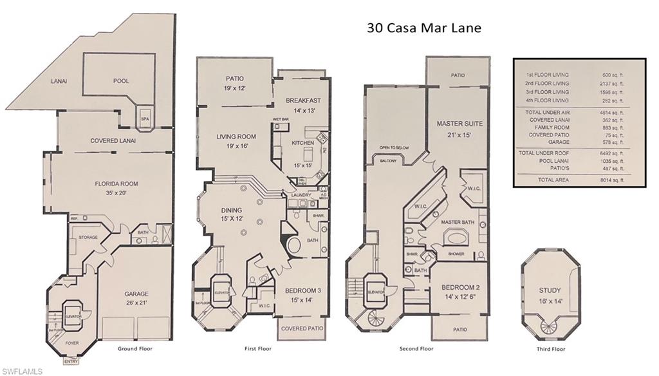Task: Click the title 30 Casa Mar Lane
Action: pos(424,28)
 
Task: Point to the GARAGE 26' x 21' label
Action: pos(136,297)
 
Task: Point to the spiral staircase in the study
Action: pos(550,326)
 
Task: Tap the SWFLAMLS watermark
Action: pos(23,371)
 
